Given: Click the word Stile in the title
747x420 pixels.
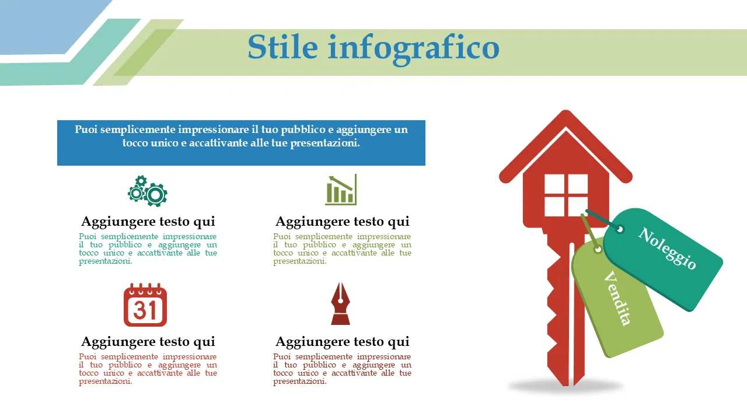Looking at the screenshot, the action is tap(282, 47).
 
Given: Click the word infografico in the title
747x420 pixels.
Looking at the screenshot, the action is tap(414, 50).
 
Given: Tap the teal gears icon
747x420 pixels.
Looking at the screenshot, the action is tap(148, 191).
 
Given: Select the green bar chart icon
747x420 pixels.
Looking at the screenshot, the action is tap(341, 190).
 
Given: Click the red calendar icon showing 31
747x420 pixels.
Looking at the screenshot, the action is tap(145, 304).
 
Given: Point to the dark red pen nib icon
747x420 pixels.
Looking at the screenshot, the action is tap(340, 303).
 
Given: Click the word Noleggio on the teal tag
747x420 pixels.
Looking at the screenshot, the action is tap(667, 249).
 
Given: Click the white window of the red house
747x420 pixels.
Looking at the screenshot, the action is tap(566, 195).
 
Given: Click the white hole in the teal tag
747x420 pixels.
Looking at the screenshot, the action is tap(620, 229).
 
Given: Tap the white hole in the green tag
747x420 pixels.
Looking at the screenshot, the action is tap(598, 249).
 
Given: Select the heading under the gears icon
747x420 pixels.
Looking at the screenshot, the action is tap(148, 221).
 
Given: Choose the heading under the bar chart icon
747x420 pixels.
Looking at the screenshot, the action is tap(342, 221).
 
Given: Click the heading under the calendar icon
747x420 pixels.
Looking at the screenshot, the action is tap(148, 342).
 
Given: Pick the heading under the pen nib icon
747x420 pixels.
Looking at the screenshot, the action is tap(342, 342).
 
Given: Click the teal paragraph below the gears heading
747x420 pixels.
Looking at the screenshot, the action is tap(148, 249).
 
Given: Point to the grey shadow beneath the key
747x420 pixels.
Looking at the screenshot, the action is tap(566, 387).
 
